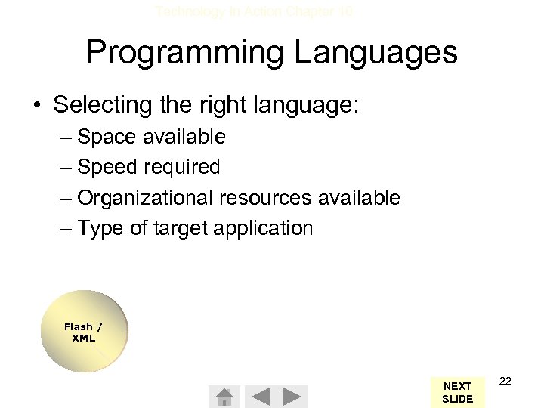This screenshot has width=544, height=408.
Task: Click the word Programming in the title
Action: [x=184, y=53]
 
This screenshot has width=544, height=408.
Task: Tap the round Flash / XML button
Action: [x=83, y=332]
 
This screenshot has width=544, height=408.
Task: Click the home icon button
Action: [x=224, y=397]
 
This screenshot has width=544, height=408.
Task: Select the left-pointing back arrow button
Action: [x=259, y=397]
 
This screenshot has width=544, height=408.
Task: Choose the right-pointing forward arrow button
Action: [x=294, y=397]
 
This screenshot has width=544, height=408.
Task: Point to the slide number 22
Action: [x=505, y=381]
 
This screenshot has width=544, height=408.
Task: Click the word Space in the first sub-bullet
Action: [x=106, y=137]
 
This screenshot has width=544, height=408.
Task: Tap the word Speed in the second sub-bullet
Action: [x=107, y=167]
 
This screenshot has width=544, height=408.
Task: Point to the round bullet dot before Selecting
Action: [x=37, y=105]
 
